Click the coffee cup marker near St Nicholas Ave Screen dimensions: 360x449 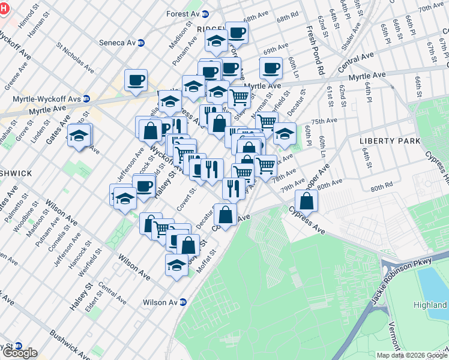[x=136, y=80]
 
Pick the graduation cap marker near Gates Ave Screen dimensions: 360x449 [x=79, y=136]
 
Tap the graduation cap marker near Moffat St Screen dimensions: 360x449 [x=176, y=265]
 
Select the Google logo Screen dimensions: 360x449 [x=19, y=353]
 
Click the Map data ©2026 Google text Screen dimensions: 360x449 [x=411, y=355]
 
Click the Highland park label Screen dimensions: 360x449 [x=430, y=305]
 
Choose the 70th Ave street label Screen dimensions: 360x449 [x=430, y=8]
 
